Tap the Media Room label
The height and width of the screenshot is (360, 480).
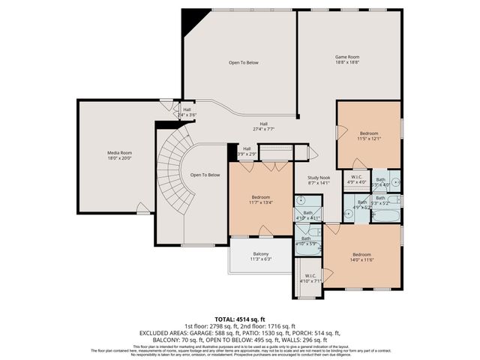[119, 155]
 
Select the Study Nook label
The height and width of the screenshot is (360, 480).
[319, 179]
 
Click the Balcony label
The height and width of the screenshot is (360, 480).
[262, 256]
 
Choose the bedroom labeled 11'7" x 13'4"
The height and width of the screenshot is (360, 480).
[260, 199]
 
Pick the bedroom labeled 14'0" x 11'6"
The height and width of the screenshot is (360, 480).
[361, 256]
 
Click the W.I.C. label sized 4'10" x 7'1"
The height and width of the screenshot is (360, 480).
[309, 278]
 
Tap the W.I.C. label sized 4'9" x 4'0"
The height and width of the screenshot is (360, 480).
[356, 180]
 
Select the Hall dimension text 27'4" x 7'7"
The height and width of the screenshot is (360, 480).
[264, 129]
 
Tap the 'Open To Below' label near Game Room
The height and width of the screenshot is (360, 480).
[244, 63]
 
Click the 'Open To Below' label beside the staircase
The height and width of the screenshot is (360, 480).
[205, 175]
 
